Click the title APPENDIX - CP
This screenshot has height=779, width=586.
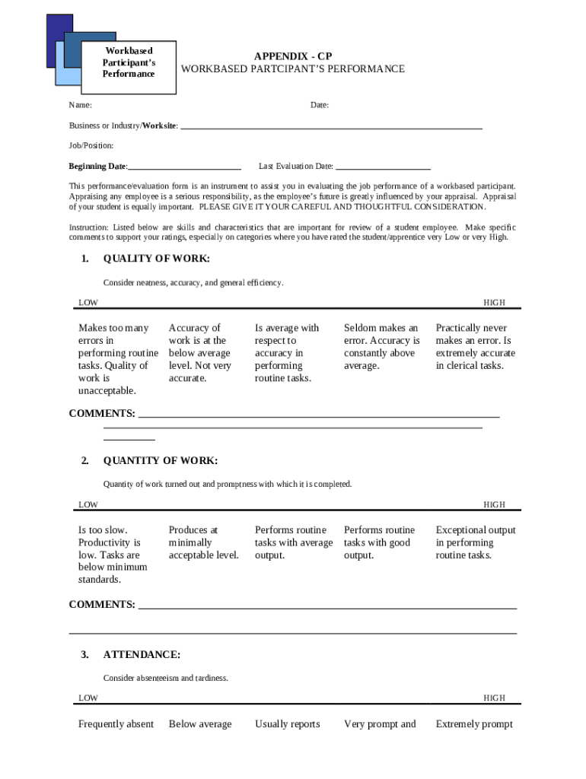(293, 56)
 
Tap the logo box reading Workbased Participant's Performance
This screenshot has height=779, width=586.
(129, 63)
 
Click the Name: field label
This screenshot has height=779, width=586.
(81, 105)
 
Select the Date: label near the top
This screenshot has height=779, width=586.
(319, 105)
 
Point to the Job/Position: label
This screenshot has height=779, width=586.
(91, 145)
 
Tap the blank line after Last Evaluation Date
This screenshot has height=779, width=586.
(383, 167)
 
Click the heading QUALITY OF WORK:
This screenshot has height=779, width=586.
(156, 259)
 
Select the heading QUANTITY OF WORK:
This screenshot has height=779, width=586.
(160, 460)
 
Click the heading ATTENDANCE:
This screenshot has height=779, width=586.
(142, 654)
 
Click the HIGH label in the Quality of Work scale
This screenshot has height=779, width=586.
(494, 303)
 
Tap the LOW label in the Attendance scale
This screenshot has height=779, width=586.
(88, 698)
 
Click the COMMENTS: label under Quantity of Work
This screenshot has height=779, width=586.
(102, 605)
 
